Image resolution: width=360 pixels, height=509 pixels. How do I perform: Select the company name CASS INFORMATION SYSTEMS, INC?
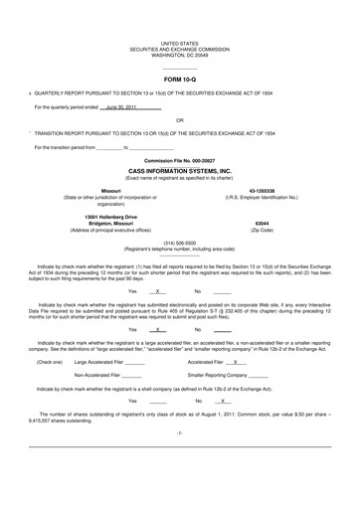coord(179,170)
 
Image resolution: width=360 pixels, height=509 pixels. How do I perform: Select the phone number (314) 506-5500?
coord(179,240)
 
